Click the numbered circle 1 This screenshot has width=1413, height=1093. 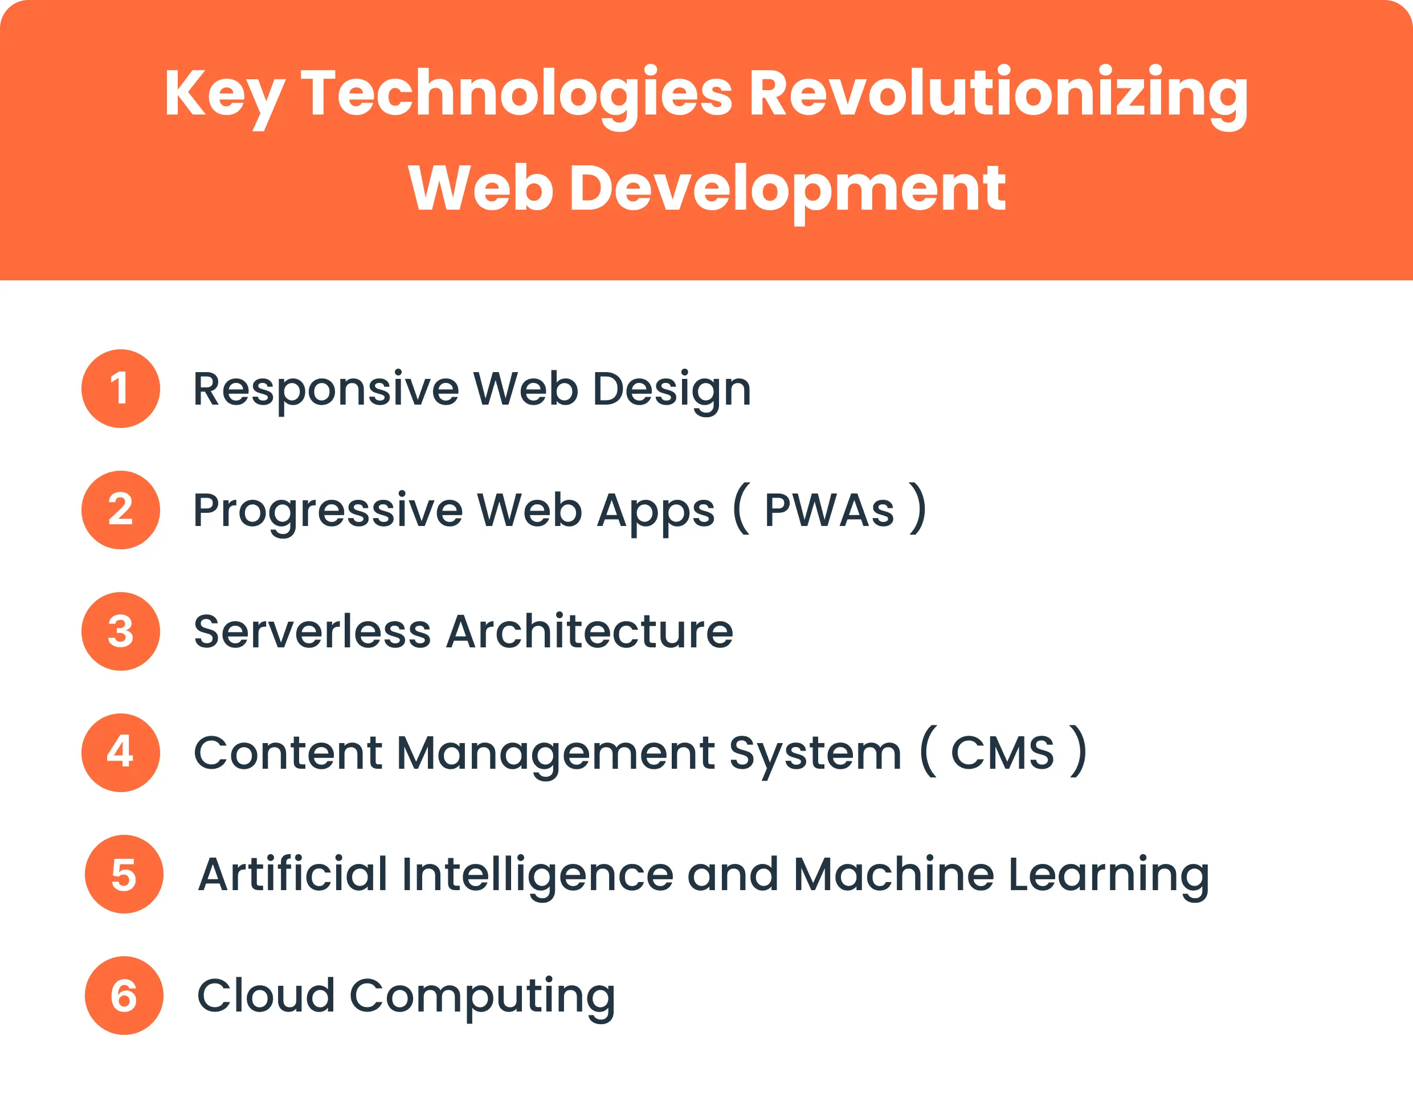click(x=120, y=388)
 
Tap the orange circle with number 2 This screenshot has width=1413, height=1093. click(x=120, y=510)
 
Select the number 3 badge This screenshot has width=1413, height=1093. click(x=120, y=631)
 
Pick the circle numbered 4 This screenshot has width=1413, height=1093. click(x=120, y=753)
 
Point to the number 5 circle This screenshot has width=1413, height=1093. click(x=124, y=874)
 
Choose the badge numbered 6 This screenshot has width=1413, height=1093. click(x=124, y=996)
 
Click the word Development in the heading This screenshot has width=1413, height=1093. click(x=787, y=189)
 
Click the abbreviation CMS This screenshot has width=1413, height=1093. click(x=1002, y=753)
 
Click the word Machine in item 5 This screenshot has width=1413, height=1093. click(x=893, y=874)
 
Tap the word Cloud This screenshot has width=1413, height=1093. click(x=266, y=996)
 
